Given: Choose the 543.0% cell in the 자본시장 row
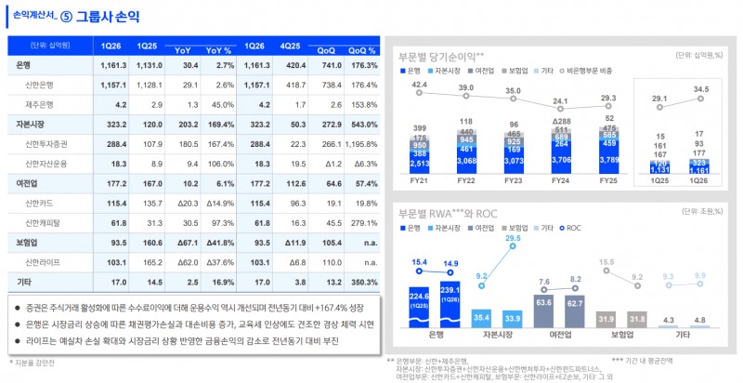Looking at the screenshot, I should click(x=358, y=124).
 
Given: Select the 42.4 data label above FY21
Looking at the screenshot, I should click(x=419, y=86).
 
